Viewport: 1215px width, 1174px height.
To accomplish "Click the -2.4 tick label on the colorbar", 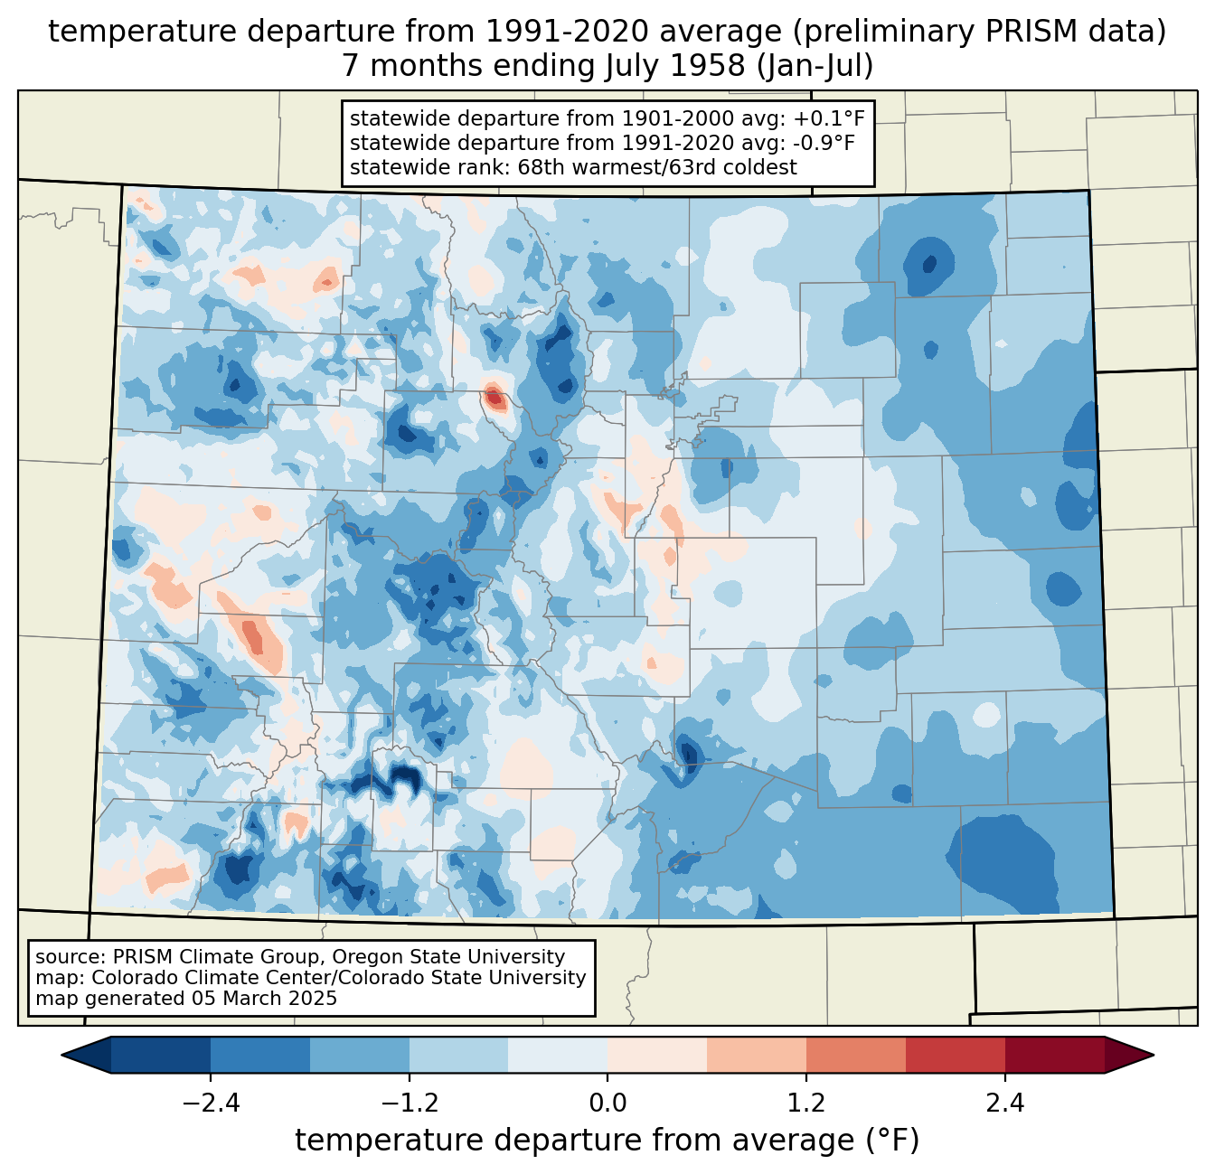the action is [211, 1104].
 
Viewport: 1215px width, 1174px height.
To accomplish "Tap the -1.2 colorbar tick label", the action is [410, 1104].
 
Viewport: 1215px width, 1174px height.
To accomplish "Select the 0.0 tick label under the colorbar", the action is [607, 1104].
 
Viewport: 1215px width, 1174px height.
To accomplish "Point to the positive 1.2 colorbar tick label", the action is [806, 1104].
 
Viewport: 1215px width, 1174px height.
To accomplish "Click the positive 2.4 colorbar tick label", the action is [1004, 1104].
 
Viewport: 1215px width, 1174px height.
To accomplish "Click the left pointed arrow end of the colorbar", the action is [62, 1056].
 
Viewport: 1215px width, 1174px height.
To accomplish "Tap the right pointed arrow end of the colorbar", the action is [1153, 1056].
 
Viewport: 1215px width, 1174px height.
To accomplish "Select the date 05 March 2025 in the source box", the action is [265, 999].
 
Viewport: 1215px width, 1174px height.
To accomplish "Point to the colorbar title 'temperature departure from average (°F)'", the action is [607, 1141].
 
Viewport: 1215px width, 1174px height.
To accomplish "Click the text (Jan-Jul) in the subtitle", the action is [815, 66].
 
